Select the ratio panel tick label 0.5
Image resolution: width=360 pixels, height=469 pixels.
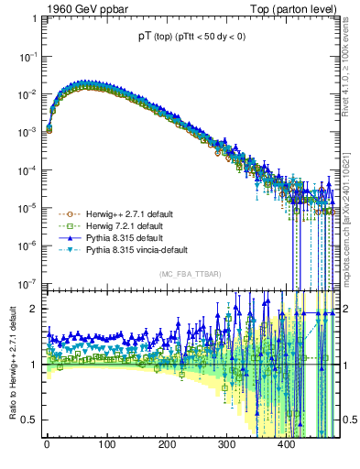coord(29,420)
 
